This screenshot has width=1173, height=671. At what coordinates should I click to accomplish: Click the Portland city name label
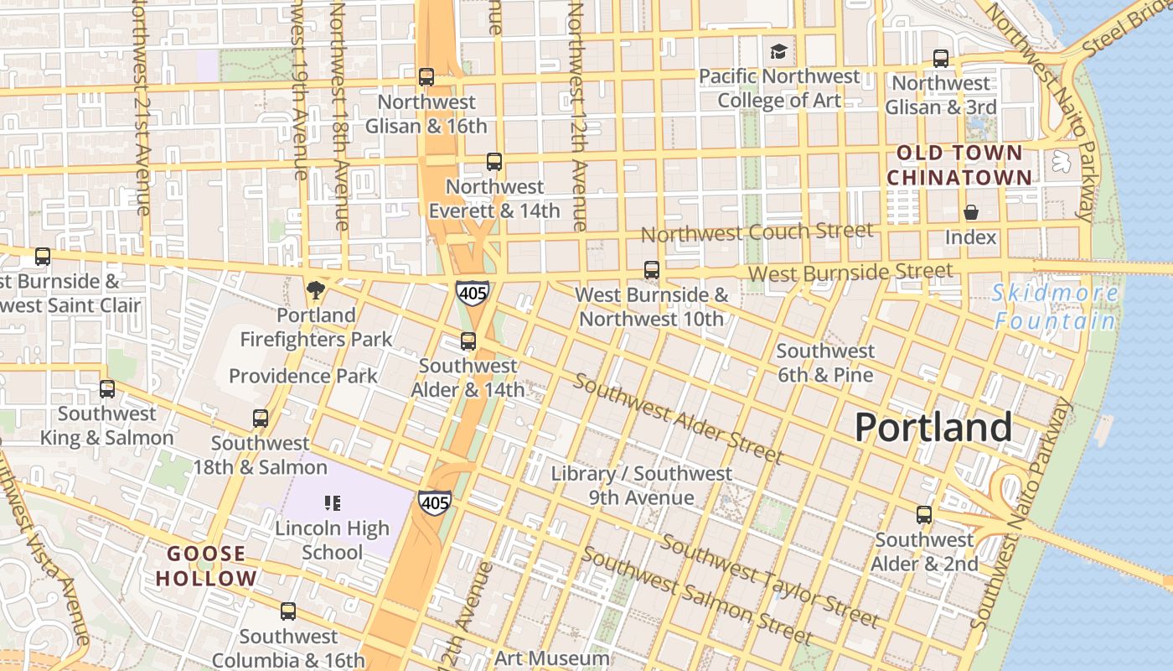(x=933, y=428)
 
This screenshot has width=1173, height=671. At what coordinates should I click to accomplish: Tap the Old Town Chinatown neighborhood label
(x=959, y=165)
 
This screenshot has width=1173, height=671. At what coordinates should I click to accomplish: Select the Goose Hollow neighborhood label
(x=206, y=566)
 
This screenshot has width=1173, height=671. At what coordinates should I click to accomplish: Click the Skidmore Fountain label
(x=1054, y=307)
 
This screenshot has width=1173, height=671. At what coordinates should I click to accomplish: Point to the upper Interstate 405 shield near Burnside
(x=473, y=294)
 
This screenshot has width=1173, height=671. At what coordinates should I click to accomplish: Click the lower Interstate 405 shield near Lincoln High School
(x=435, y=502)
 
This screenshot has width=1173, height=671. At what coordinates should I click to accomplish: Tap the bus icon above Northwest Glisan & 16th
(x=426, y=77)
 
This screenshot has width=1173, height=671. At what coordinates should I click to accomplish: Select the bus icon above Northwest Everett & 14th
(x=494, y=162)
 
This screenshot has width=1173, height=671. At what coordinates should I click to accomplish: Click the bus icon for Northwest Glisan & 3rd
(x=941, y=59)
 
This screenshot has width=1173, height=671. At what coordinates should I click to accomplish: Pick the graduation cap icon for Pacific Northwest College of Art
(x=779, y=52)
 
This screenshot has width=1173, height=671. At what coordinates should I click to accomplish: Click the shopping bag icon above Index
(x=971, y=212)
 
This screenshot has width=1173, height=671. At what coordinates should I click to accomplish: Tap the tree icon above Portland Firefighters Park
(x=316, y=290)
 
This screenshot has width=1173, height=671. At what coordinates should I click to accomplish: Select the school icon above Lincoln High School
(x=333, y=503)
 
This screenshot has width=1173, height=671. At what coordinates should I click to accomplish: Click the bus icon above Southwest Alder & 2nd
(x=924, y=515)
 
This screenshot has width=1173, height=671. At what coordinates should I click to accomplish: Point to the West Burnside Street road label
(x=850, y=273)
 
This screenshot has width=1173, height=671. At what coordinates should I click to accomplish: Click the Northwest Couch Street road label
(x=757, y=232)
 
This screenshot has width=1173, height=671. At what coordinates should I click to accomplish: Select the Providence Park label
(x=303, y=376)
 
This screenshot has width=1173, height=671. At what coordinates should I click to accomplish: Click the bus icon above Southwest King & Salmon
(x=107, y=389)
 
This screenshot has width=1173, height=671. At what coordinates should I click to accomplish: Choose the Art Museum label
(x=551, y=658)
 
